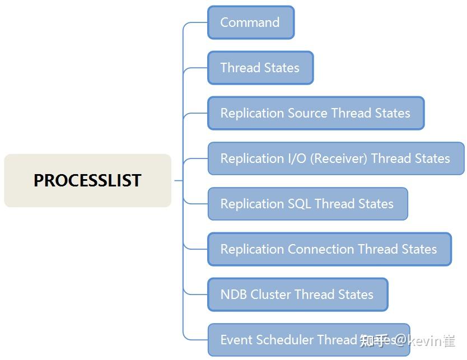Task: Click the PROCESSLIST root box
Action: coord(87,180)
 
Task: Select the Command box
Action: coord(250,22)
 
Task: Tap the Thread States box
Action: coord(260,68)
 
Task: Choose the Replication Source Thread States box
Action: coord(315,113)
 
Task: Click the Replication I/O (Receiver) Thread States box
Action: coord(335,158)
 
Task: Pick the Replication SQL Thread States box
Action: coord(307,204)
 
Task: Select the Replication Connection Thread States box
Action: coord(329,249)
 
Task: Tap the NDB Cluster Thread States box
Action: coord(297,294)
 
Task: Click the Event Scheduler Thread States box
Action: coord(308,340)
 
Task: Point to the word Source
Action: coord(307,113)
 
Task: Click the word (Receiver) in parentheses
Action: coord(339,158)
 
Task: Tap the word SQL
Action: coord(299,204)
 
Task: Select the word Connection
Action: coord(321,249)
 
